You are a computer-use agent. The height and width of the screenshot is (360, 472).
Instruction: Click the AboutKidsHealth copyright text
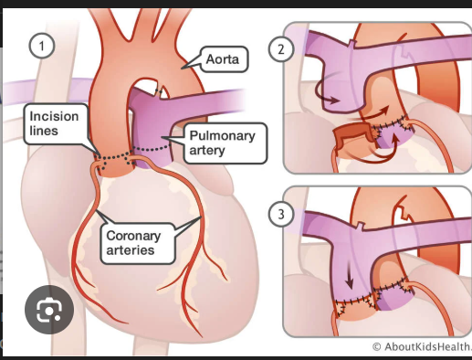click(422, 346)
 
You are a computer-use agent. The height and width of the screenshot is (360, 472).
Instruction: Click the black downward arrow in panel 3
click(350, 274)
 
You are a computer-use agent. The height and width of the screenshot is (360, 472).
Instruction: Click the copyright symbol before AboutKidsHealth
click(377, 346)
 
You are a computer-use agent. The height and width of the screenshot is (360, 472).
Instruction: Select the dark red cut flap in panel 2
click(350, 139)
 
